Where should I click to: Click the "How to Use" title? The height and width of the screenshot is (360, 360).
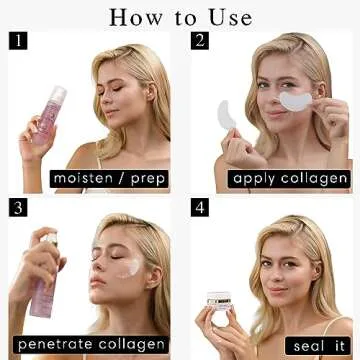tap(181, 16)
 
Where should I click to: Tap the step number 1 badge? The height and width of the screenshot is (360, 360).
tap(17, 40)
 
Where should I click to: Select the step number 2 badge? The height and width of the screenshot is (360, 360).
tap(201, 40)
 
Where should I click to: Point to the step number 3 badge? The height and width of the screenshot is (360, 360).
tap(17, 208)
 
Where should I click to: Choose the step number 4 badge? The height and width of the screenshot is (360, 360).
tap(201, 208)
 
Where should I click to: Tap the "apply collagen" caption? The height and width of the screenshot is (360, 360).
tap(289, 179)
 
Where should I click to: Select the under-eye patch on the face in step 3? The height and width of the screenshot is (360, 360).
tap(129, 267)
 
